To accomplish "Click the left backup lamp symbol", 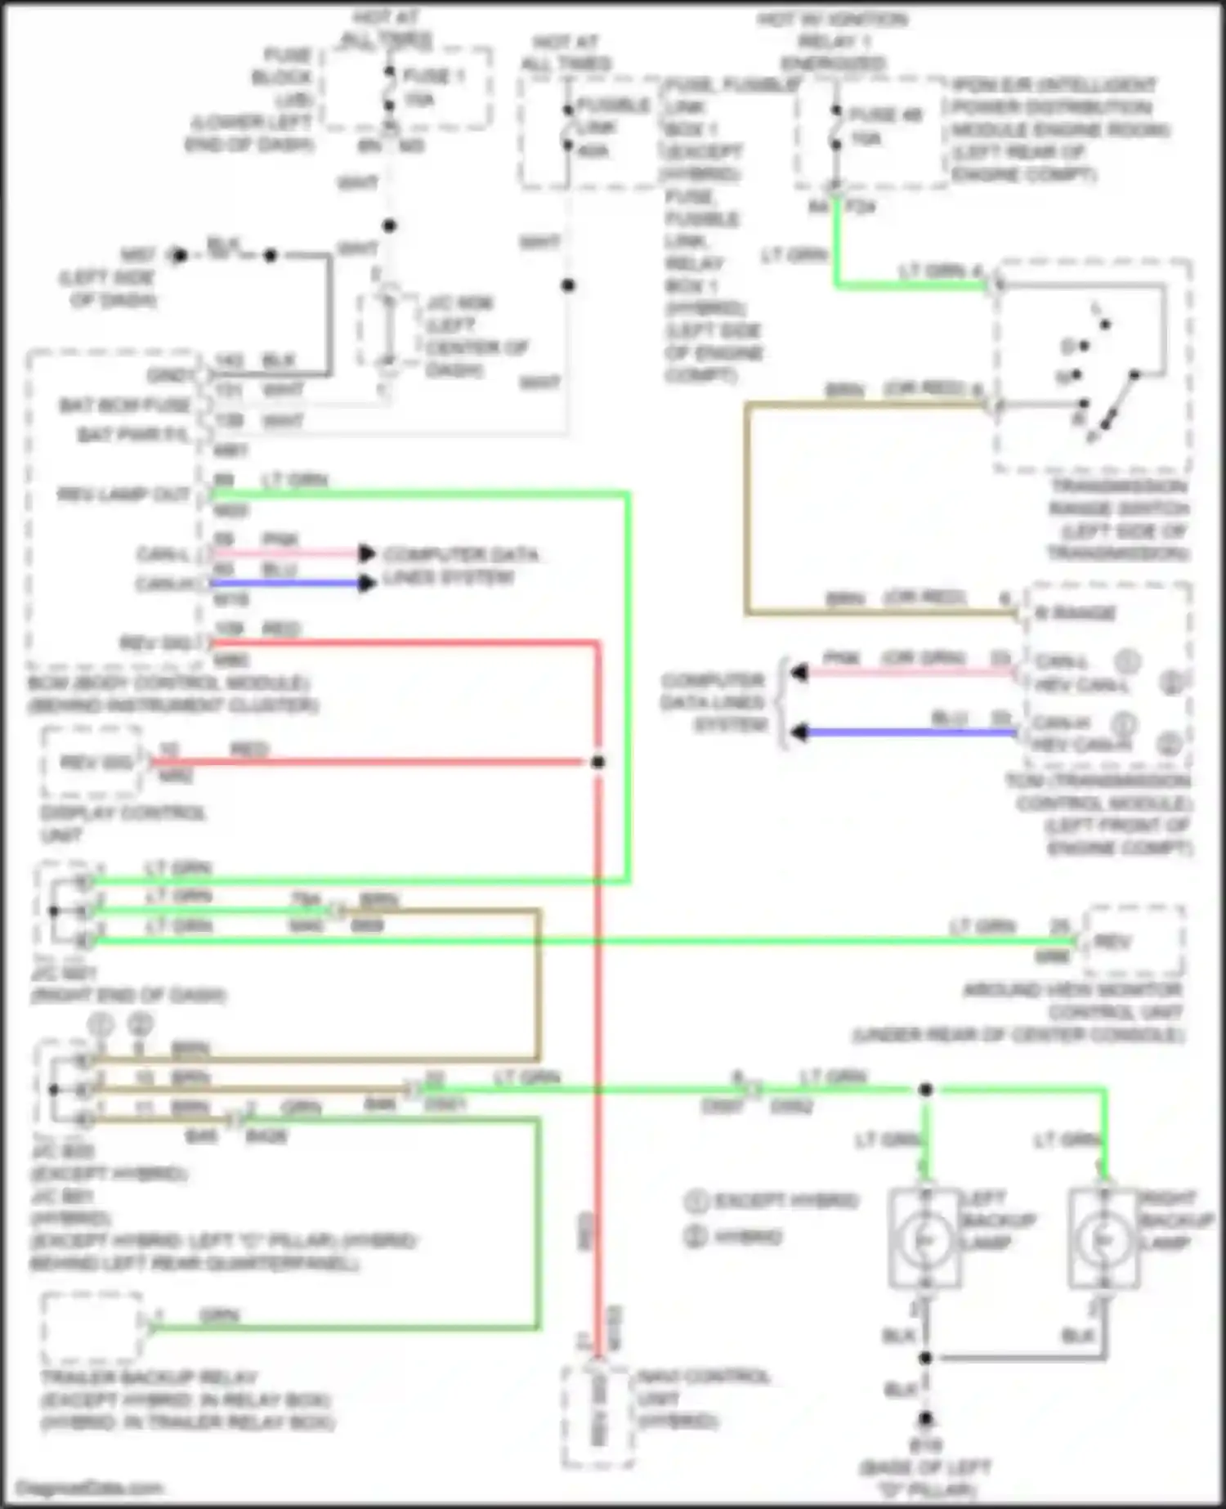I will pyautogui.click(x=925, y=1239).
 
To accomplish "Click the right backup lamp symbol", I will pyautogui.click(x=1104, y=1239).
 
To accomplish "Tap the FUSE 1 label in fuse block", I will pyautogui.click(x=433, y=76).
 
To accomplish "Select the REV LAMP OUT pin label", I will pyautogui.click(x=123, y=495).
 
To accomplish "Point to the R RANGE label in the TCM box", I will pyautogui.click(x=1075, y=613).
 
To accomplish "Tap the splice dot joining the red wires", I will pyautogui.click(x=598, y=762).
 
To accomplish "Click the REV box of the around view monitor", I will pyautogui.click(x=1133, y=942).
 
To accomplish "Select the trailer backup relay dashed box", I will pyautogui.click(x=92, y=1328).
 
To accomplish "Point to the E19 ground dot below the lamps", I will pyautogui.click(x=925, y=1419).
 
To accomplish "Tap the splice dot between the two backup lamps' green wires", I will pyautogui.click(x=925, y=1090).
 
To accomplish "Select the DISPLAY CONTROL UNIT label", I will pyautogui.click(x=123, y=823).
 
